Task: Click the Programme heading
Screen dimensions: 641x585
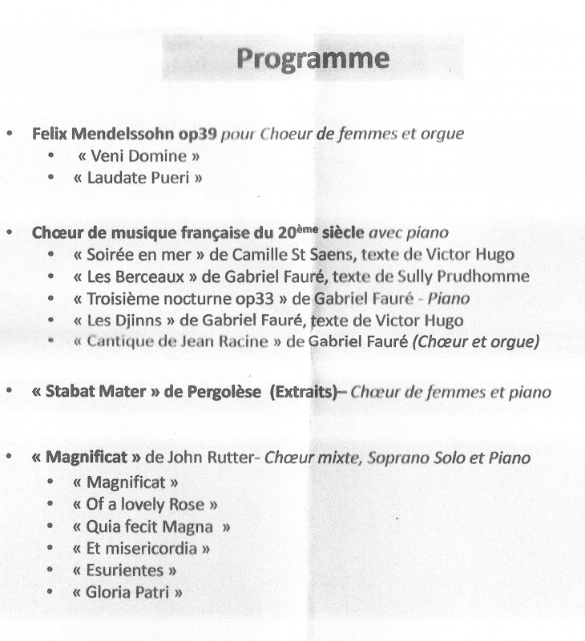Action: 313,59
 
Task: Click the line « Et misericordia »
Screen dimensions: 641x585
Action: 141,549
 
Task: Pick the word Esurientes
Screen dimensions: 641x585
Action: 124,570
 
